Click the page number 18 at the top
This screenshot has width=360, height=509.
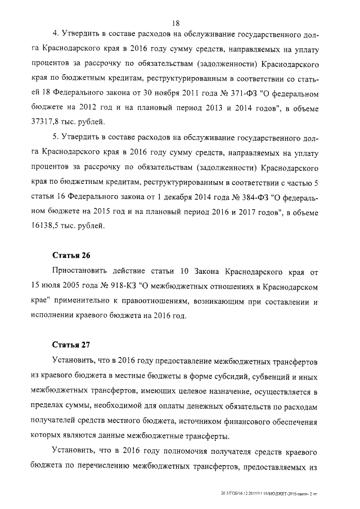point(175,23)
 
